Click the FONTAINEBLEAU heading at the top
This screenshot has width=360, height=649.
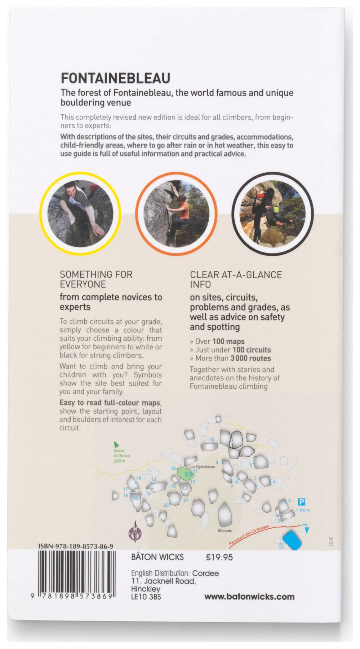click(115, 78)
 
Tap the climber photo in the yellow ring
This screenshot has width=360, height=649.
click(80, 213)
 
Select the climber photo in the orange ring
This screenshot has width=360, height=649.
click(176, 213)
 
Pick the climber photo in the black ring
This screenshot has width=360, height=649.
click(272, 213)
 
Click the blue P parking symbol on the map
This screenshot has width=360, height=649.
click(302, 502)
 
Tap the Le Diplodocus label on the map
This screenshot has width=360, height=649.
click(203, 467)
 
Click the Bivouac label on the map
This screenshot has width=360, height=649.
click(225, 530)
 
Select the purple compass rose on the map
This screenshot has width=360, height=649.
click(135, 532)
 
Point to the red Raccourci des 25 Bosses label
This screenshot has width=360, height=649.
click(249, 536)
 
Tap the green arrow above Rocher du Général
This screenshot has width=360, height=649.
click(116, 445)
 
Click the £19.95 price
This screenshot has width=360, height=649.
click(219, 557)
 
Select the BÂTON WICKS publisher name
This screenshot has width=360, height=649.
click(157, 557)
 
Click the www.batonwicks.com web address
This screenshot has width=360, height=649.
click(249, 597)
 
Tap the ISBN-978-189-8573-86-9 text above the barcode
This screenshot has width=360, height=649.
click(76, 547)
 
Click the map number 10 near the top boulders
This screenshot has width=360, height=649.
click(212, 440)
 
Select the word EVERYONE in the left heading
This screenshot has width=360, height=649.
click(83, 284)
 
